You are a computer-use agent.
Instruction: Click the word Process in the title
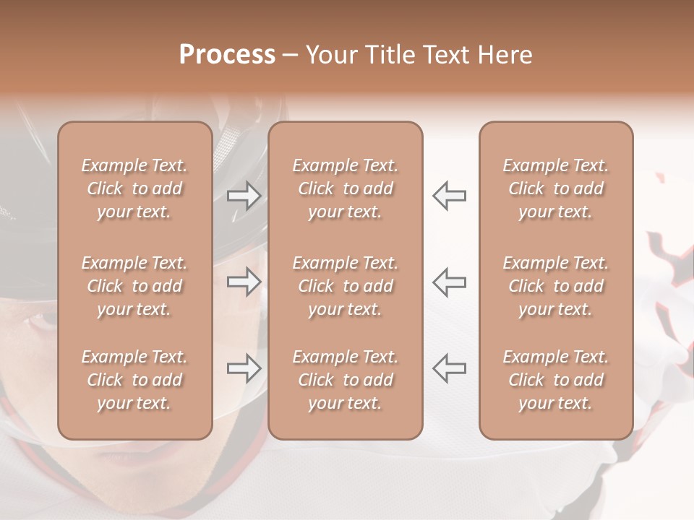tap(227, 55)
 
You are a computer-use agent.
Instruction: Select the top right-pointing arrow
tap(244, 195)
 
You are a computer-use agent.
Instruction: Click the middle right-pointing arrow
tap(244, 282)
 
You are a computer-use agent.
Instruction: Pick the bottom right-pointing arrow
tap(244, 369)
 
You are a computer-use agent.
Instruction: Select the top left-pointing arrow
tap(449, 195)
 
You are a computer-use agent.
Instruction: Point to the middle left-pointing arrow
tap(449, 282)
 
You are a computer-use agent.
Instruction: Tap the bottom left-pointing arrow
tap(449, 369)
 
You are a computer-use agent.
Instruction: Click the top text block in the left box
tap(134, 188)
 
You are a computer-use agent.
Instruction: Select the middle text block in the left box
tap(134, 286)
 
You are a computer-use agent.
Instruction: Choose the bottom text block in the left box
tap(134, 380)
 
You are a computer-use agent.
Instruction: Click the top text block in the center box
tap(345, 188)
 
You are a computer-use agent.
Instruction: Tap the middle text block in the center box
tap(345, 286)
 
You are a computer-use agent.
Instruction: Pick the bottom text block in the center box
tap(345, 380)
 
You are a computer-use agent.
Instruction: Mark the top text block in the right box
tap(555, 188)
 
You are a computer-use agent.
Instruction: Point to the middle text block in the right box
tap(555, 286)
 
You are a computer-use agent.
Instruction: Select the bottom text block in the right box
tap(555, 380)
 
